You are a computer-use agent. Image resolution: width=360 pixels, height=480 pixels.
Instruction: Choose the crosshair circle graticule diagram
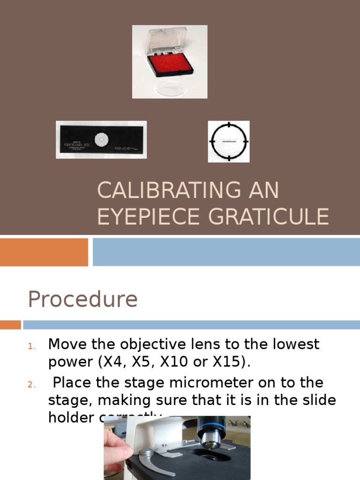(x=229, y=141)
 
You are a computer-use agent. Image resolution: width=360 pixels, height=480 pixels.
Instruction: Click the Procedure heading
(x=82, y=299)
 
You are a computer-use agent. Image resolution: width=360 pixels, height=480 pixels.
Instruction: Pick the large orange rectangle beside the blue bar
(x=44, y=252)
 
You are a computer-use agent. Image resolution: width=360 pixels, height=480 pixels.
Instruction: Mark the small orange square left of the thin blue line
(x=10, y=324)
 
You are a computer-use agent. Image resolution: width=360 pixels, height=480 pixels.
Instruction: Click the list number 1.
(x=31, y=346)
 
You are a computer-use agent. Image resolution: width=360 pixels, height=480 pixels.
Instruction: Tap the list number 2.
(x=31, y=385)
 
